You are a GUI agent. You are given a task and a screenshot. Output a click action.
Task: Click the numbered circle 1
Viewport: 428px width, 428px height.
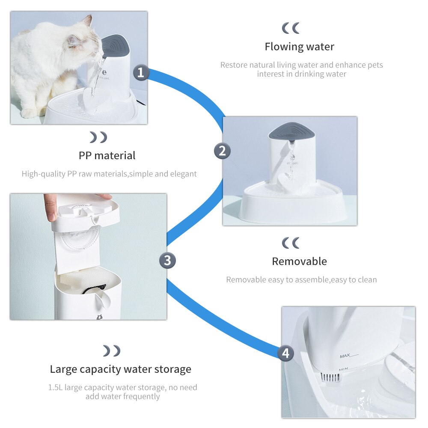[141, 72]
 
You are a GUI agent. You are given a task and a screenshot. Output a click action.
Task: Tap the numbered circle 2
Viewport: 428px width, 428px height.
[222, 151]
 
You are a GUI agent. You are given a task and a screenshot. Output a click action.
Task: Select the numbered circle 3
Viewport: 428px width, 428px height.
[167, 260]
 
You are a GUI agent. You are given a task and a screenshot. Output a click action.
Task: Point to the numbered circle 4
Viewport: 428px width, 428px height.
[285, 353]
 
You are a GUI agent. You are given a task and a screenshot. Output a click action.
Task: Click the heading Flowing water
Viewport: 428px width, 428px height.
[300, 47]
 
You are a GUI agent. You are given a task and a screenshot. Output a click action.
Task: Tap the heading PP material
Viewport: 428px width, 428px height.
[107, 156]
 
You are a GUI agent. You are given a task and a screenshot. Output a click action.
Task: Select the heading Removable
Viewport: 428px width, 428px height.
[300, 261]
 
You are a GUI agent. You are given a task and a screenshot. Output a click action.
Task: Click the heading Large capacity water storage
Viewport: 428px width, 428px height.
[120, 369]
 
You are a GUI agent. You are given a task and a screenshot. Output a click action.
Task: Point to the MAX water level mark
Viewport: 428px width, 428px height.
[345, 356]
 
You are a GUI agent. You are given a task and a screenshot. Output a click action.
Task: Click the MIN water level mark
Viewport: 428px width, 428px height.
[343, 369]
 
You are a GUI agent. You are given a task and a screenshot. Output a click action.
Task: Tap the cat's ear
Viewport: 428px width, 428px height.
[88, 21]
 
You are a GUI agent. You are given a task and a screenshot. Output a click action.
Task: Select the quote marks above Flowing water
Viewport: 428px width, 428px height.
[291, 28]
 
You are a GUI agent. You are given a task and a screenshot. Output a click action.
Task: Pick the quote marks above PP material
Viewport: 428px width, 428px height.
[98, 137]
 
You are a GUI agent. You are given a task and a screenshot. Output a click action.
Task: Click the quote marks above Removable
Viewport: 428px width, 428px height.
[291, 243]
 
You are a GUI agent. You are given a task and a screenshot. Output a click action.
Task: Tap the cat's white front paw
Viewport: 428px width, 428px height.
[30, 113]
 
